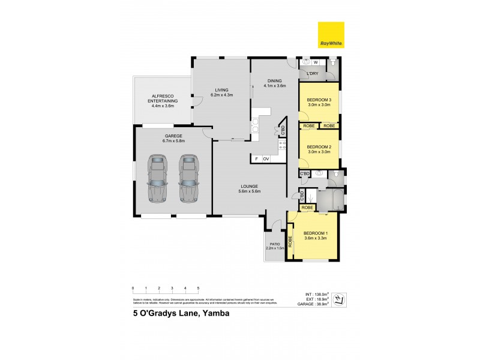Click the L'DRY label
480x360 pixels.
[313, 74]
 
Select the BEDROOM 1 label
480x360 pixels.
[315, 235]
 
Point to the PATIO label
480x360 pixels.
[275, 245]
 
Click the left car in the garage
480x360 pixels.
[157, 178]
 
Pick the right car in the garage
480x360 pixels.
[189, 178]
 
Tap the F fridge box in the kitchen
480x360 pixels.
[257, 158]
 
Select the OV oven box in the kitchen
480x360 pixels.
[266, 158]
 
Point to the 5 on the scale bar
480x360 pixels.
[198, 289]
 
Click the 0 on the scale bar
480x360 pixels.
[133, 289]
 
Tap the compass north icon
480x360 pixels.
[339, 299]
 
